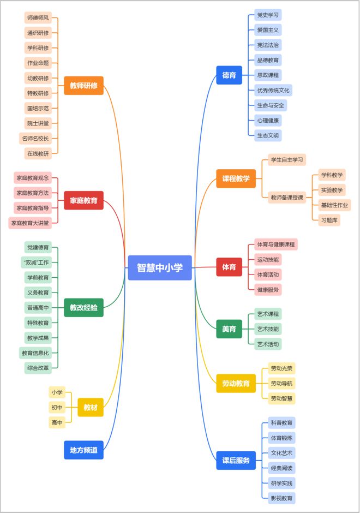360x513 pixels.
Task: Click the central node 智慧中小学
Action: coord(160,268)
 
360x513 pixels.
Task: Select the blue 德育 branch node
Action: coord(229,75)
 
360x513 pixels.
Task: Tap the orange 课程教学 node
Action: coord(236,178)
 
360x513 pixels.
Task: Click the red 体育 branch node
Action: coord(229,267)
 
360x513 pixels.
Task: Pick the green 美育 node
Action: coord(229,329)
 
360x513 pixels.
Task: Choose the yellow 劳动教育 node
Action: coord(236,384)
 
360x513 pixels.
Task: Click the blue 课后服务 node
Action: coord(236,461)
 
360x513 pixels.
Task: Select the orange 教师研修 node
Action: coord(83,86)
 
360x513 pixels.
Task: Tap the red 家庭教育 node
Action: coord(83,200)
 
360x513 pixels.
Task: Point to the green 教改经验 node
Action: coord(83,308)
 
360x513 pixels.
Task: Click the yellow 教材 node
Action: coord(91,407)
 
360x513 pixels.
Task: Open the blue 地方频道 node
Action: coord(83,450)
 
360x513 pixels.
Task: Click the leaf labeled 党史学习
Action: coord(268,15)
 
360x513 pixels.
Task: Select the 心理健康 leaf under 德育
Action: coord(268,120)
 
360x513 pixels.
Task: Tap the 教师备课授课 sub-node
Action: coord(287,198)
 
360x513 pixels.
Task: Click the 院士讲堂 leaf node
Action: coord(38,123)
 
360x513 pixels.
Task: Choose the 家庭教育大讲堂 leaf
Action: coord(32,223)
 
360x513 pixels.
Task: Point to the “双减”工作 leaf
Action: coord(37,263)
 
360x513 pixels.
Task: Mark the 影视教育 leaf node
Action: coord(281,498)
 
